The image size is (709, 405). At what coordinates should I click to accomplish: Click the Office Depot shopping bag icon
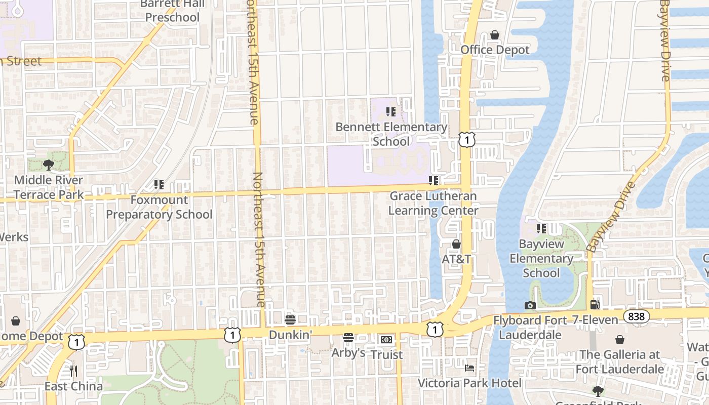point(495,35)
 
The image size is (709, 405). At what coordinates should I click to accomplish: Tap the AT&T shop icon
point(456,244)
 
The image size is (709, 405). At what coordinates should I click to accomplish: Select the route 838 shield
point(634,316)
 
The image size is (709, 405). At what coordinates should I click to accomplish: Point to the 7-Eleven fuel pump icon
point(595,305)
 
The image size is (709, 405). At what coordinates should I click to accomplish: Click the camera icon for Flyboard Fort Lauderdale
point(530,305)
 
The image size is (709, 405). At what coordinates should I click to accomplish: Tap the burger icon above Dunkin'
point(290,319)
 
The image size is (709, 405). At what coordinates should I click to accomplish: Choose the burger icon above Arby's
point(348,338)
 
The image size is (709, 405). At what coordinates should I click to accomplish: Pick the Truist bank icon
point(386,340)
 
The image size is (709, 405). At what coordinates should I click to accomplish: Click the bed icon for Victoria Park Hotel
point(469,368)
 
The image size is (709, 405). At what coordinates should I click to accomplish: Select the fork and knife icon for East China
point(73,371)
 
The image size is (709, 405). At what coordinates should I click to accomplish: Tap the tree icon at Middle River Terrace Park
point(49,165)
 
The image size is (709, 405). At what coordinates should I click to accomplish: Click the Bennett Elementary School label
point(391,134)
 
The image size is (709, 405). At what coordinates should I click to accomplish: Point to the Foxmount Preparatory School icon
point(159,185)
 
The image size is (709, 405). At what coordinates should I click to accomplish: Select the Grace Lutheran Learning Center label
point(433,203)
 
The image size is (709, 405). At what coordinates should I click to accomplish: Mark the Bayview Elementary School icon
point(541,229)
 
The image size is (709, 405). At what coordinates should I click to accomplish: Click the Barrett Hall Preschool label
point(173,11)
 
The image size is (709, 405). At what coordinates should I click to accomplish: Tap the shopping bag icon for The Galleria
point(619,340)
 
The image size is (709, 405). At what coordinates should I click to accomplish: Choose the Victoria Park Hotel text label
point(469,383)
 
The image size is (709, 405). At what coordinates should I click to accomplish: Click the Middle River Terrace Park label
point(49,187)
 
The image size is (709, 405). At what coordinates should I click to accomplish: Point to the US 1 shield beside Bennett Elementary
point(467,140)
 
